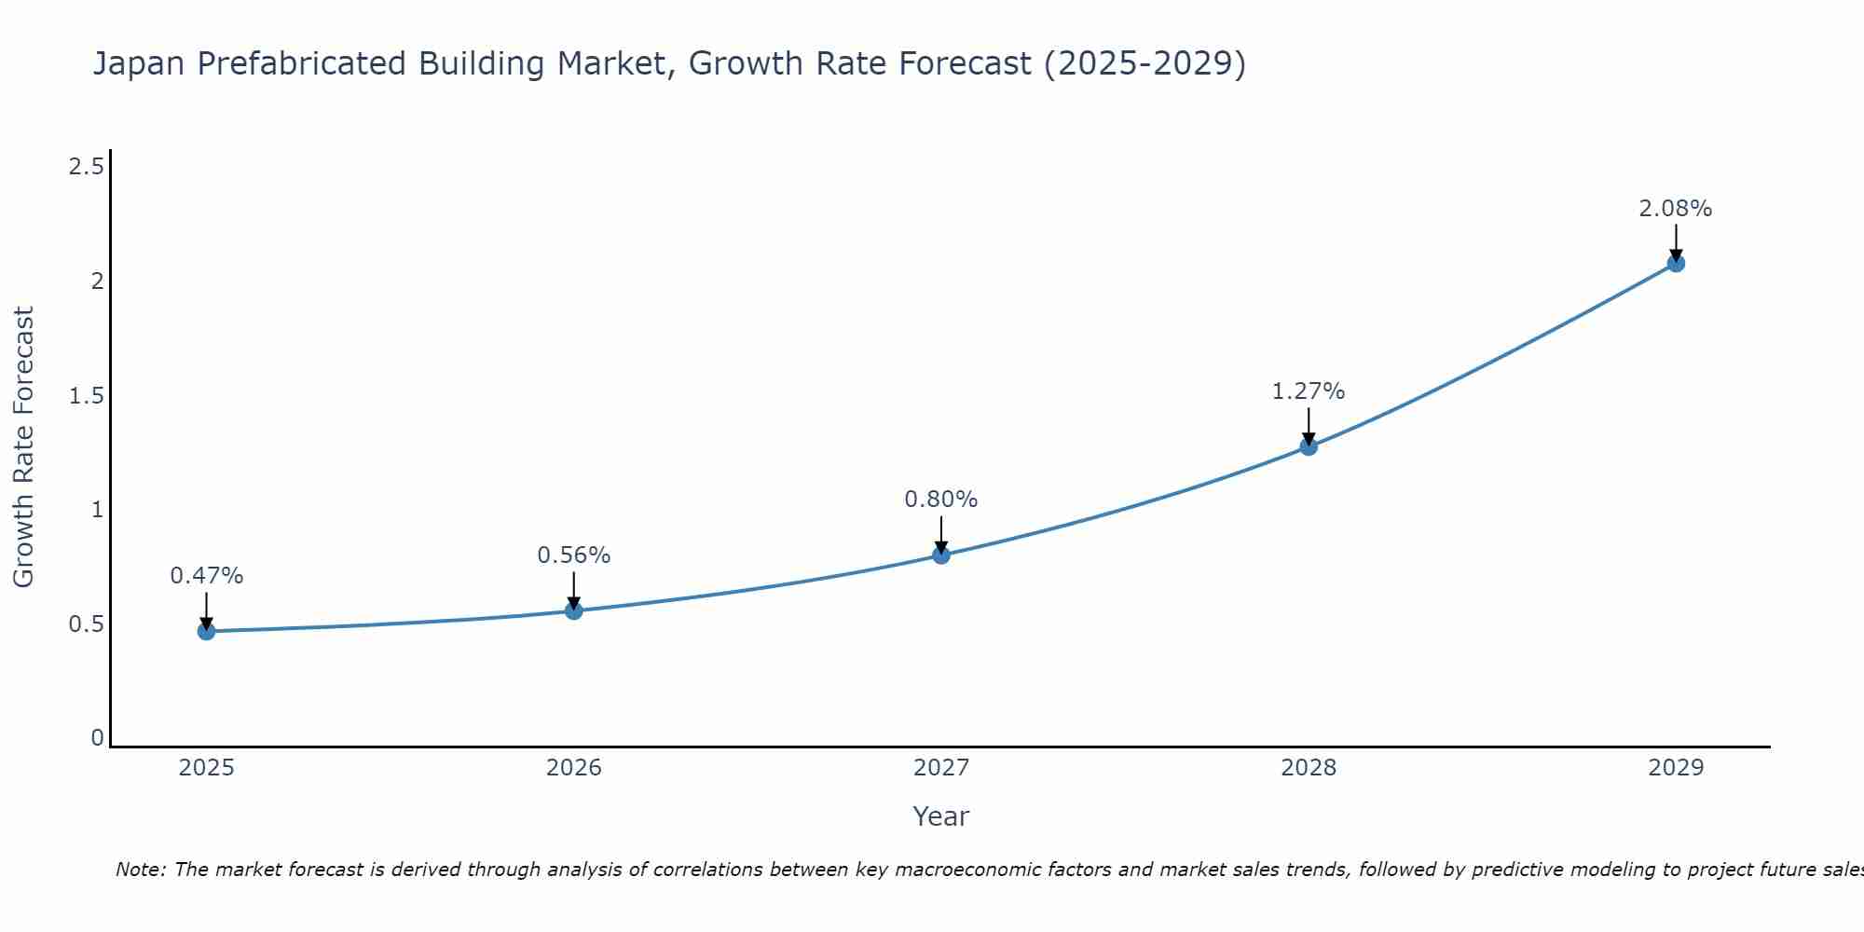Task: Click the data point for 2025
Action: click(x=206, y=631)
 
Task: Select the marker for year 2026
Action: click(x=574, y=610)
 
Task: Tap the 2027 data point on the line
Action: click(x=941, y=555)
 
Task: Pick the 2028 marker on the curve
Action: click(x=1309, y=446)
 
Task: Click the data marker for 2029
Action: click(x=1676, y=263)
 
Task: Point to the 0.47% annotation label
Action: click(x=206, y=576)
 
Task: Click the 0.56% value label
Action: click(x=574, y=555)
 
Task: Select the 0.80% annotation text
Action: click(x=941, y=500)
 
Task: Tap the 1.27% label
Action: click(x=1309, y=391)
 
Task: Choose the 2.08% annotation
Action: click(x=1676, y=209)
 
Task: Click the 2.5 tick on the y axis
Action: click(x=86, y=167)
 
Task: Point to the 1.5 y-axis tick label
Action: click(x=86, y=396)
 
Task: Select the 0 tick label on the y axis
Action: click(x=97, y=738)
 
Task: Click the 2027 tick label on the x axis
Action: click(x=941, y=768)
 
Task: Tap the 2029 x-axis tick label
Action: click(x=1676, y=768)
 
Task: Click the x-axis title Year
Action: click(x=941, y=816)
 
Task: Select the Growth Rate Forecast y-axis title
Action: click(x=24, y=447)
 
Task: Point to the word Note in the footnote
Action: click(x=140, y=870)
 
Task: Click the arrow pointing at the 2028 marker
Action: click(x=1309, y=426)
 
